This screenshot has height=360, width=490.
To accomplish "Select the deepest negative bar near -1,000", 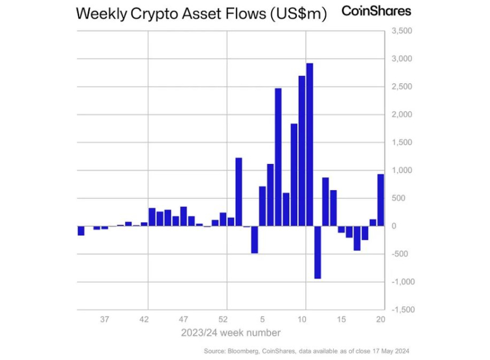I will [317, 252].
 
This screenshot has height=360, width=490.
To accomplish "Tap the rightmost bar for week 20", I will [381, 200].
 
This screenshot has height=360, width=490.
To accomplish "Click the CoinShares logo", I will [375, 11].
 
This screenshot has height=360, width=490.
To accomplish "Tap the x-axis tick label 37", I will [105, 319].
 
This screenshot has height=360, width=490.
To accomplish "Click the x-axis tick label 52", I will [223, 319].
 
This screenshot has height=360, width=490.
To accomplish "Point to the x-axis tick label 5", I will [263, 319].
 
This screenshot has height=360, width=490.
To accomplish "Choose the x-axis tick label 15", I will [341, 319].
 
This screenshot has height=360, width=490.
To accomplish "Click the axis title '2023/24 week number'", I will [231, 332].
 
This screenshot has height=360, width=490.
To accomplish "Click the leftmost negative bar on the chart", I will [81, 230].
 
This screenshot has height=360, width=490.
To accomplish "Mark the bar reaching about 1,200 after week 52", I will [239, 191].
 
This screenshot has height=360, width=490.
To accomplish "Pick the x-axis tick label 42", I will [144, 319].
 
